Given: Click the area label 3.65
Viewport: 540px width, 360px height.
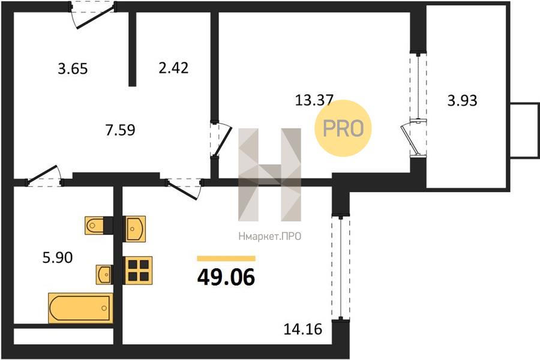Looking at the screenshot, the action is point(73,68).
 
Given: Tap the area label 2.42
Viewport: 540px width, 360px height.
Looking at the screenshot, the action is point(173,68).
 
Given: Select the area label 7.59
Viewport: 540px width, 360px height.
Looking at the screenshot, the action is point(120,130).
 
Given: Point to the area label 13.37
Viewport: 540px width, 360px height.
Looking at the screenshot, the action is point(314,100).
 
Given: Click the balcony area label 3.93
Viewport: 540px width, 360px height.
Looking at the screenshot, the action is point(462,101).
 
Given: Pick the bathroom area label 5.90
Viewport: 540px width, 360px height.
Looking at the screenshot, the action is point(58,257).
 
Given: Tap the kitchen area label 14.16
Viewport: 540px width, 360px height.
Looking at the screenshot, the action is point(303,329).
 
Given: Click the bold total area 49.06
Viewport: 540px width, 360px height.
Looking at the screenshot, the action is point(226,277).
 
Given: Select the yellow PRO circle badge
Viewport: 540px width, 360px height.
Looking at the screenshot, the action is point(343,128).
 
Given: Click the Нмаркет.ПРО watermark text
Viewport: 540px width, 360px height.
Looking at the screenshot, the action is point(269,236).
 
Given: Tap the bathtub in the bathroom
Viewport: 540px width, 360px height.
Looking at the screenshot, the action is point(80,308).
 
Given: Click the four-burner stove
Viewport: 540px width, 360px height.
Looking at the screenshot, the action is point(137,270).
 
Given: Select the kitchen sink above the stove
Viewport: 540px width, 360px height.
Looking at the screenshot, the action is point(134,229).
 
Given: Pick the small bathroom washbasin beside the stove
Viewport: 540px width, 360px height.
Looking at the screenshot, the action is point(104,275).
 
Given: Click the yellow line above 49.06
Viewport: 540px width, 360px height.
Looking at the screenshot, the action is point(226,259).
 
